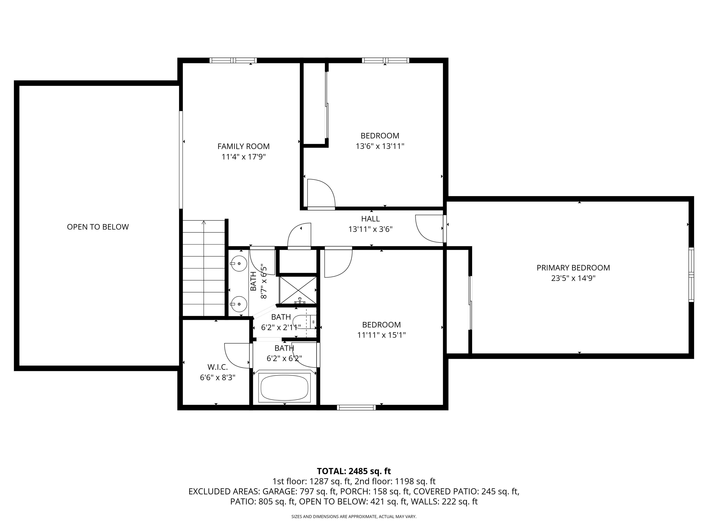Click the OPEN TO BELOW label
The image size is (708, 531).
[x=98, y=227]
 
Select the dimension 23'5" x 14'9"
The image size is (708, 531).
[x=573, y=278]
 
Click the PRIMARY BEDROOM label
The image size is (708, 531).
[x=573, y=268]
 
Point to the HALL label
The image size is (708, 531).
[x=370, y=219]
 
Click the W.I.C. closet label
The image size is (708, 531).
[x=218, y=367]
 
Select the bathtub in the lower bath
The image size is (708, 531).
[x=285, y=388]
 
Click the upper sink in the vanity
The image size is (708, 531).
[x=239, y=264]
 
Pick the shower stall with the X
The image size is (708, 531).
[x=298, y=290]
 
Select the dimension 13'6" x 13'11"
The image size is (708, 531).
[x=380, y=147]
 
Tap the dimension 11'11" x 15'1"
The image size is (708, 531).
[x=381, y=335]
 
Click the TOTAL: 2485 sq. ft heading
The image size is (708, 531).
[x=354, y=471]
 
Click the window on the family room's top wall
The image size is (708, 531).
[x=233, y=60]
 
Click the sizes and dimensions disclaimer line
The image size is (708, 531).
[x=354, y=516]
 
